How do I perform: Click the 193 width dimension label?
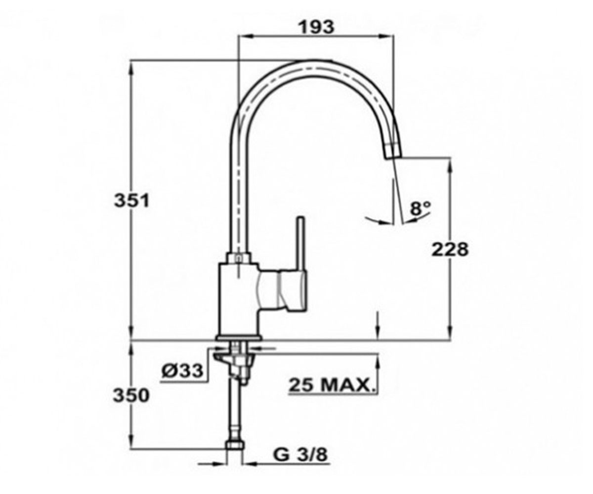point(317,28)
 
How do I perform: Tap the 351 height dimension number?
point(131,200)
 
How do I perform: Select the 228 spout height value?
point(450,249)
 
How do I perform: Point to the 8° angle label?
point(420,208)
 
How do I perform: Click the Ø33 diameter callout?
point(183,370)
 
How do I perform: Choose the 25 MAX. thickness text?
point(332,385)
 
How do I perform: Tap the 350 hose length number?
point(131,396)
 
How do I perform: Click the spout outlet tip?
point(394,157)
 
